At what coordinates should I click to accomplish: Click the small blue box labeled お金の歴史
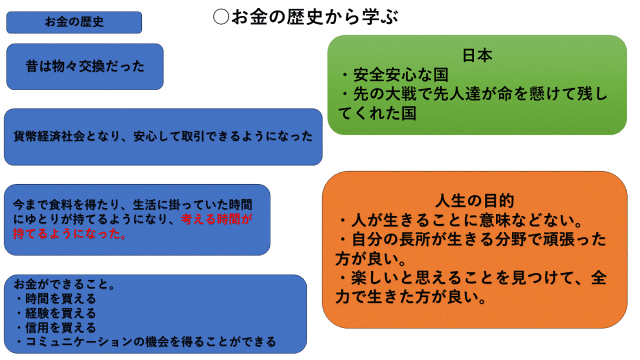tap(74, 23)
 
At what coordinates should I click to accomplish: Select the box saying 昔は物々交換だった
tap(85, 66)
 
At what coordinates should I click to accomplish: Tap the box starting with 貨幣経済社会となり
tap(163, 136)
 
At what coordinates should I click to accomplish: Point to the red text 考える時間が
tap(217, 219)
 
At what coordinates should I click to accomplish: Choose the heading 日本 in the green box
tap(477, 56)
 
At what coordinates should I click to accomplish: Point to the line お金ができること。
tap(64, 285)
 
